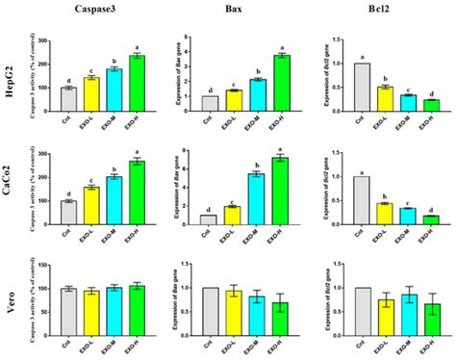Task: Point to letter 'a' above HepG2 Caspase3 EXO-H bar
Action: click(x=140, y=46)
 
